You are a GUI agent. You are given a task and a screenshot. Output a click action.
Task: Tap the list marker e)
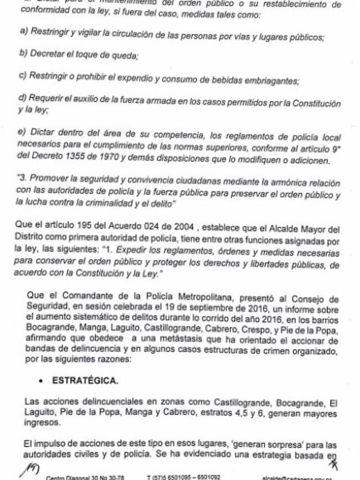[x=23, y=136]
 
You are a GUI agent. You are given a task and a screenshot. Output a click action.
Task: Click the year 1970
[x=109, y=161]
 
